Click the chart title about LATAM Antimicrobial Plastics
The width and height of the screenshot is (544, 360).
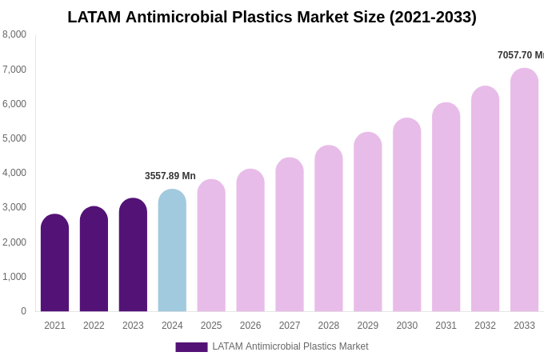272,17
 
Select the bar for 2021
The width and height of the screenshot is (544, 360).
54,264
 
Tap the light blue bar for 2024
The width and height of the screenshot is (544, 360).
172,252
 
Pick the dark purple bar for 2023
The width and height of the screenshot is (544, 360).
133,256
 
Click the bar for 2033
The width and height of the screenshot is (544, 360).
524,192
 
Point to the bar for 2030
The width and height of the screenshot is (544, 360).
406,216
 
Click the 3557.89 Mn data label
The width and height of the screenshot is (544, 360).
170,176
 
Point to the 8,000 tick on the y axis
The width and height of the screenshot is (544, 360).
14,34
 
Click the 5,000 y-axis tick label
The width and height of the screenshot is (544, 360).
14,138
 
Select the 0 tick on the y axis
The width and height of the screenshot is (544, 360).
23,311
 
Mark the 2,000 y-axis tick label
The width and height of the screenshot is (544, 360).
14,242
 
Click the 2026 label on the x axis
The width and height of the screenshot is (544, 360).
250,326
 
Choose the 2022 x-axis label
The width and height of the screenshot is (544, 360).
94,326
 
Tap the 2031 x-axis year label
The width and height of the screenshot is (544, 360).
446,326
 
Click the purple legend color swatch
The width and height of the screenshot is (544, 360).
191,347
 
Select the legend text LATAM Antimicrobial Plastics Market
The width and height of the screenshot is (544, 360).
290,346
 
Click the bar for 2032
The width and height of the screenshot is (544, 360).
485,200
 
